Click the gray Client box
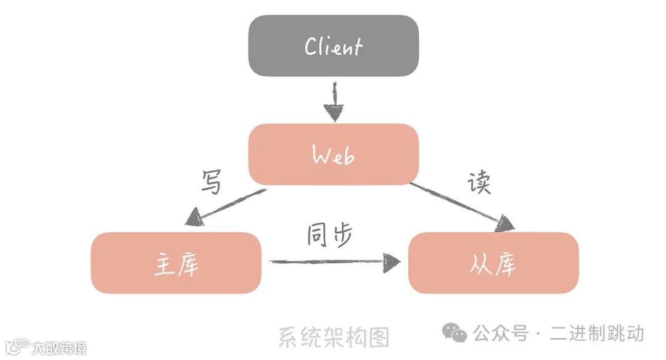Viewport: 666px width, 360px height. (333, 46)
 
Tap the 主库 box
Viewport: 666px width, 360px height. (176, 263)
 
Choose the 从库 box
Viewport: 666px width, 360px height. (493, 263)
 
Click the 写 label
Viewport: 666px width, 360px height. (212, 182)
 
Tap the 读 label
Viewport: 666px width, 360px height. (479, 182)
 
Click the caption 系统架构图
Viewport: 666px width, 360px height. (334, 337)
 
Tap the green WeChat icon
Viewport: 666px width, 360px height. (454, 333)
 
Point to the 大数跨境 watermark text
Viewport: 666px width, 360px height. (60, 348)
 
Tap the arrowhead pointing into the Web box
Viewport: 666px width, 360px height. (333, 113)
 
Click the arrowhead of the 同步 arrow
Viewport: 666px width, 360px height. (392, 262)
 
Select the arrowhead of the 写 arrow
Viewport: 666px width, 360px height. (192, 218)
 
